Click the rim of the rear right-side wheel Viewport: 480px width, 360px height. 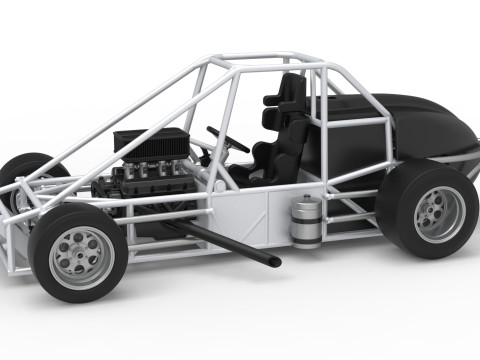439,213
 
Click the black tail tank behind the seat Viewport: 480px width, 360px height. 420,125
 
